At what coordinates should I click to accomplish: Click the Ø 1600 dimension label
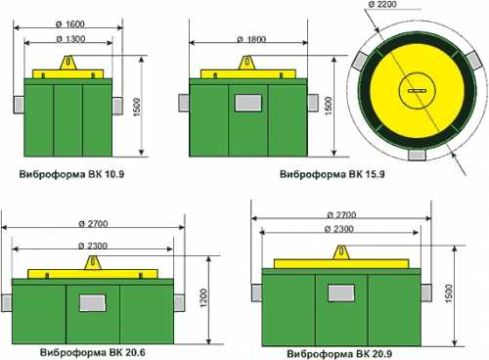(70, 23)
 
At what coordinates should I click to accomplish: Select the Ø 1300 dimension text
(70, 39)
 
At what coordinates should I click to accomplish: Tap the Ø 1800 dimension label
(251, 39)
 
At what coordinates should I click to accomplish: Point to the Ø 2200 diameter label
(382, 4)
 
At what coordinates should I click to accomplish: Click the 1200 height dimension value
(203, 297)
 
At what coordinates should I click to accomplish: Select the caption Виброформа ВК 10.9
(71, 174)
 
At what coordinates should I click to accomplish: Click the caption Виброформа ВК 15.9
(333, 174)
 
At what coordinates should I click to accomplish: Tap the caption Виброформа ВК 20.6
(93, 352)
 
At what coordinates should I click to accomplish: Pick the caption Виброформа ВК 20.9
(339, 354)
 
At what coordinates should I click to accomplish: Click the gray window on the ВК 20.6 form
(93, 303)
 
